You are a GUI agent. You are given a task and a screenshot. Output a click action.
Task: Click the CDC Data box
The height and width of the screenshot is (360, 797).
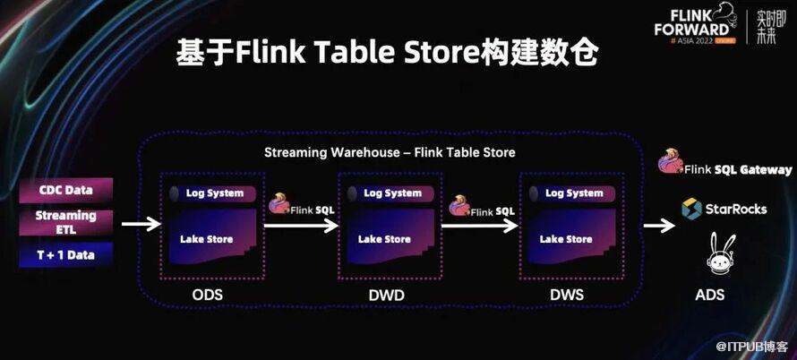pos(65,190)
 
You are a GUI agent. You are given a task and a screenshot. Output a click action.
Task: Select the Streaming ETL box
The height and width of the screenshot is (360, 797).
pos(65,221)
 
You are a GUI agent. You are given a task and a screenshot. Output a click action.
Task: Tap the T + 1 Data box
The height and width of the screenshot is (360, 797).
pos(65,255)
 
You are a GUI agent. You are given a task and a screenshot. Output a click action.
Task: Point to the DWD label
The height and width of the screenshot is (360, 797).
pos(386,295)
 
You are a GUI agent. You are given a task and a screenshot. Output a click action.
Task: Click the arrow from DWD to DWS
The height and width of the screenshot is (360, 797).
pos(480,225)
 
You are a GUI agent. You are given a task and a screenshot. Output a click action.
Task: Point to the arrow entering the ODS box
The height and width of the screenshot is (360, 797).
pos(138,225)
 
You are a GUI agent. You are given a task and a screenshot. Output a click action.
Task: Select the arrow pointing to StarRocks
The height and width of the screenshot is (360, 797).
pos(658,225)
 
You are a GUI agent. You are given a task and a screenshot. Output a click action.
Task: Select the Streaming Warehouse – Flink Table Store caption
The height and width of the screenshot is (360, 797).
pos(390,152)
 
